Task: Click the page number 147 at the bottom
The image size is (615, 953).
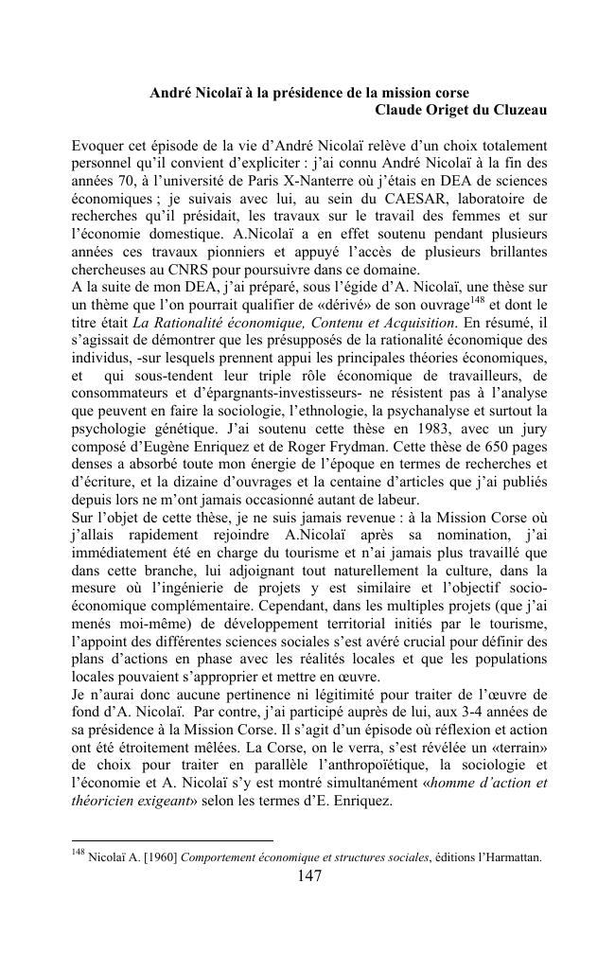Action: point(309,876)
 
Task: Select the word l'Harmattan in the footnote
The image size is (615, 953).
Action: point(508,858)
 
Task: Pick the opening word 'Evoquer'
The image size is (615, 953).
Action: point(98,147)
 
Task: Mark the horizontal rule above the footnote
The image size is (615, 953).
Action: point(172,838)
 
